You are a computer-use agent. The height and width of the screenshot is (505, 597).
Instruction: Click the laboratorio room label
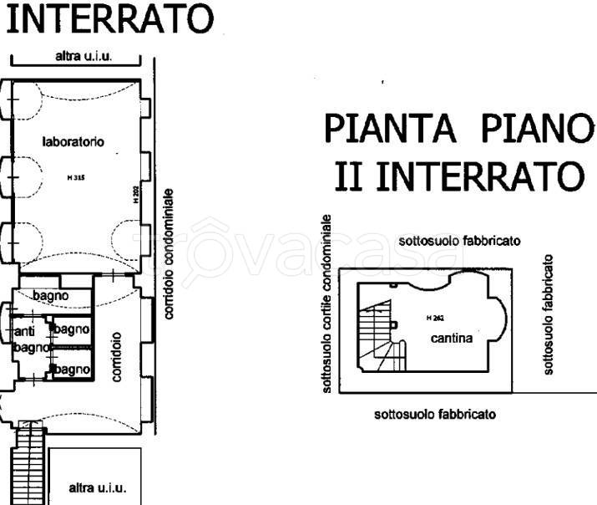pos(73,142)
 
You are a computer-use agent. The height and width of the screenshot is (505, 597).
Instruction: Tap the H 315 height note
pos(73,179)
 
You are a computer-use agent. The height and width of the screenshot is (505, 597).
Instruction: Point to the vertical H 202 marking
pos(135,195)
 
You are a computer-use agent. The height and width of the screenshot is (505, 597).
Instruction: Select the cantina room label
pos(453,339)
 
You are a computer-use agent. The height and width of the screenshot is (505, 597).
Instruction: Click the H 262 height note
pos(434,319)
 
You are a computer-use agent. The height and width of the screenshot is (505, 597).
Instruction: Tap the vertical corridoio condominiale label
pos(169,252)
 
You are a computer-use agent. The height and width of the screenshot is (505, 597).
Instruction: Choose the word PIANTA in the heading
pos(388,130)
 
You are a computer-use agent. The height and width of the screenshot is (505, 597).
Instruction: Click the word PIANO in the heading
pos(535,130)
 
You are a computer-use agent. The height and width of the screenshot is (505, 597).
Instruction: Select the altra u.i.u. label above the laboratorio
pos(83,57)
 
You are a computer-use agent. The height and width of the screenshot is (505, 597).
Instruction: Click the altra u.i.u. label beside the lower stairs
pos(97,487)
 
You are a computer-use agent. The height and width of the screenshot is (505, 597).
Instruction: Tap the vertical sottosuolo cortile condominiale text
pos(327,304)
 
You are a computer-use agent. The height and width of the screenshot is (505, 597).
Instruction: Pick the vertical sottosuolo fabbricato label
pos(549,315)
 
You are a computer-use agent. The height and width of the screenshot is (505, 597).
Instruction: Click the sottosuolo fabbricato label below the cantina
pos(435,414)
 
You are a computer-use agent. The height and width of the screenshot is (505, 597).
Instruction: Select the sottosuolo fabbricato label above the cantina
pos(460,241)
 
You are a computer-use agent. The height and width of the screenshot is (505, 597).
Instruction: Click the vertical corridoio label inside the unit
pos(118,359)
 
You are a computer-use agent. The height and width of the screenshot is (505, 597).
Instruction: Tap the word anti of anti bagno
pos(25,332)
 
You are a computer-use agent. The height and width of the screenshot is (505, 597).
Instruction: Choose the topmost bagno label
pos(50,295)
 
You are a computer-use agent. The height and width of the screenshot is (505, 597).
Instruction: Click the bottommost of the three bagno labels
pos(73,369)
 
